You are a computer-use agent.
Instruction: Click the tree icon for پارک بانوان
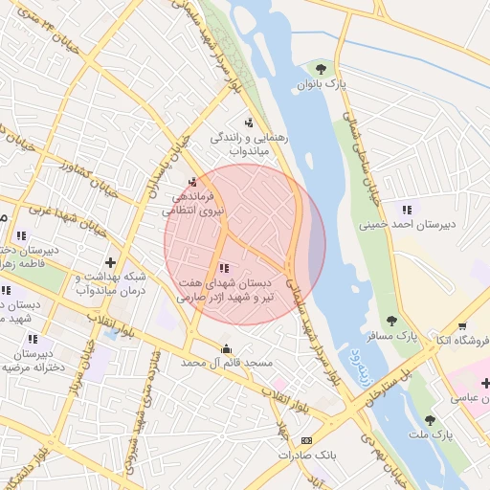320,68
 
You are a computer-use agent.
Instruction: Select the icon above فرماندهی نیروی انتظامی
193,182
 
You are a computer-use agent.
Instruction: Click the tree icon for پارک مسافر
390,321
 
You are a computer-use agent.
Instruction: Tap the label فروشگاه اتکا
462,340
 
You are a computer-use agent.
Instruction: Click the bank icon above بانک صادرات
306,440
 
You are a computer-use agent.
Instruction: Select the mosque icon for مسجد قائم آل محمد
227,348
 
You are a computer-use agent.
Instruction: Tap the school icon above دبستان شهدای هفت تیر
224,269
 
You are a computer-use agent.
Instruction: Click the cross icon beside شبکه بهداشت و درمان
112,262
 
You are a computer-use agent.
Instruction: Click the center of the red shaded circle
245,244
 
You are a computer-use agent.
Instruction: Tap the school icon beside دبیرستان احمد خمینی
408,210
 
